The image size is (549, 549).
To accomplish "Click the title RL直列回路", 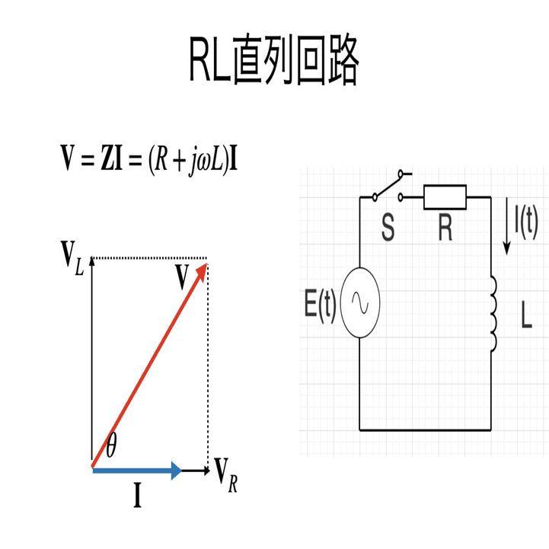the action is point(274,60).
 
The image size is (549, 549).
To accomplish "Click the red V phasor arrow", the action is point(149,365).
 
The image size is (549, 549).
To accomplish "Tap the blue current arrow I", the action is point(137,471).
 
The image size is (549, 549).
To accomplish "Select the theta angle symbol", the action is point(111,445).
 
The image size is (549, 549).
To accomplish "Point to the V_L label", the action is point(72,258).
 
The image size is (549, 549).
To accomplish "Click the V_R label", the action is point(226,475).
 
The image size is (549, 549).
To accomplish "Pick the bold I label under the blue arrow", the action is point(138,495).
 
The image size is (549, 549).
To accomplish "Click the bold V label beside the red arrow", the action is point(182,276).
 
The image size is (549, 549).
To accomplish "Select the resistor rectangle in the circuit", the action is point(445,196).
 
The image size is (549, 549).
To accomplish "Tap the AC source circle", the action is point(360,302).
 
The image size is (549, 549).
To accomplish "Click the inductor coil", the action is point(493,314).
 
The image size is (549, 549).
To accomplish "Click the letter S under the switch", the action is point(388,228).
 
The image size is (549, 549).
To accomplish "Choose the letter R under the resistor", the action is point(445,228).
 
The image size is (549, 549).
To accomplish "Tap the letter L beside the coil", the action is point(526,314).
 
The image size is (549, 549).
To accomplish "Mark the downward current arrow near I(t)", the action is point(506,226).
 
